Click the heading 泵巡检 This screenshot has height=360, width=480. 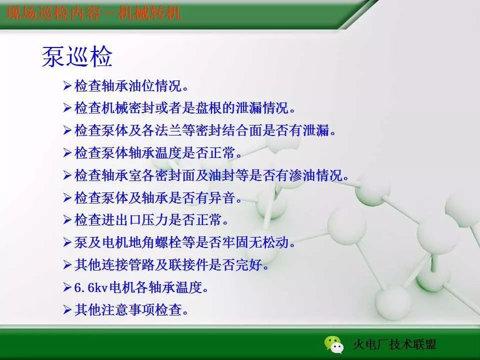click(x=77, y=57)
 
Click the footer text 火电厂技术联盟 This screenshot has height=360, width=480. click(x=394, y=344)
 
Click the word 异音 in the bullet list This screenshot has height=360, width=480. click(x=222, y=198)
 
